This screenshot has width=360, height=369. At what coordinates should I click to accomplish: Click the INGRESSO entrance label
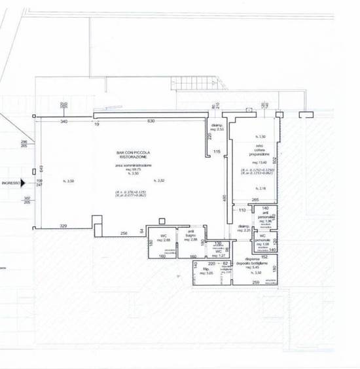(x=10, y=184)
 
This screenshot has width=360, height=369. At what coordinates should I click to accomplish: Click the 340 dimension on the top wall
(x=64, y=122)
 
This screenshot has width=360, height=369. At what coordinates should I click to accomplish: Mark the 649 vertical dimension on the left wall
(x=39, y=169)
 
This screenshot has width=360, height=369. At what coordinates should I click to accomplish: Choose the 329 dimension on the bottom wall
(x=64, y=225)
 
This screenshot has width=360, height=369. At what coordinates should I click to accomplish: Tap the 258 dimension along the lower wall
(x=122, y=233)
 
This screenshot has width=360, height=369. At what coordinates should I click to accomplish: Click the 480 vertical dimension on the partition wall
(x=223, y=198)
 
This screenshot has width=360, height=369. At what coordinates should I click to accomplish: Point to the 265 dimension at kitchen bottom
(x=257, y=200)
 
